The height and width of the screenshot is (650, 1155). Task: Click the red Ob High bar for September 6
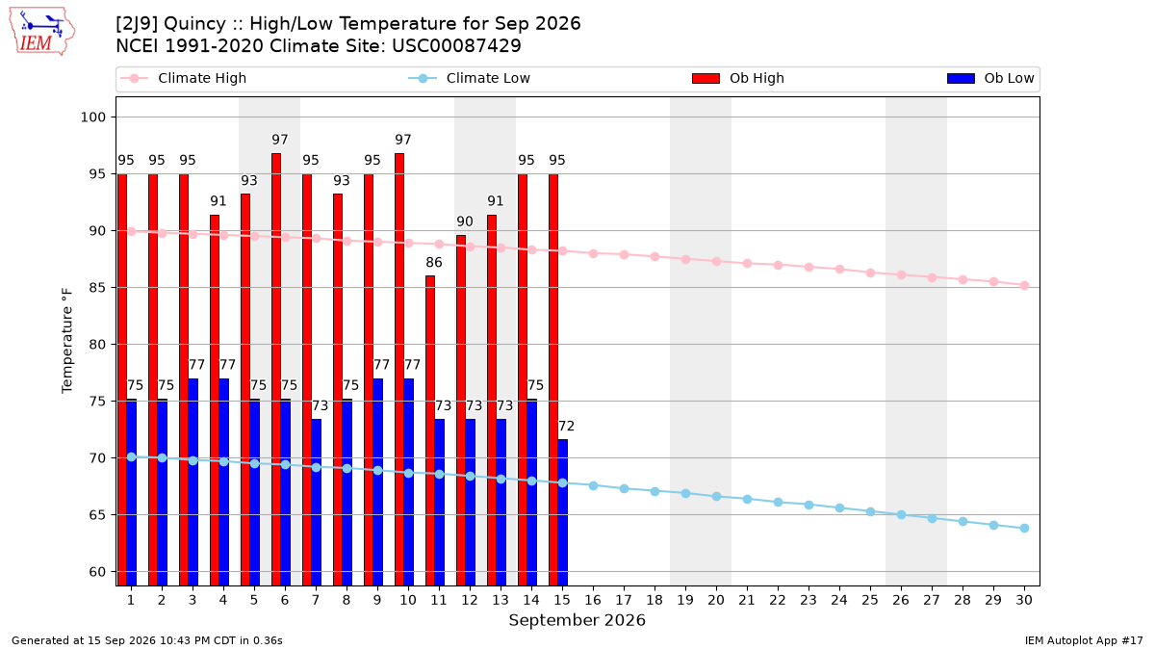click(276, 370)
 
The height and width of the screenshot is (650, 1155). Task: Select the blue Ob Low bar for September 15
click(562, 512)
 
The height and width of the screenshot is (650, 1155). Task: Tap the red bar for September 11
click(430, 430)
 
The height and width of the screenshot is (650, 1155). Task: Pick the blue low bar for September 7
click(316, 503)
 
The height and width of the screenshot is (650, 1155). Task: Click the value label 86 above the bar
click(434, 263)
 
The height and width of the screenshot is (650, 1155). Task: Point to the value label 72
click(567, 426)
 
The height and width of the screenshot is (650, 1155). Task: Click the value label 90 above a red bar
click(465, 221)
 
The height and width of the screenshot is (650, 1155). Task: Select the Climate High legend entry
click(184, 78)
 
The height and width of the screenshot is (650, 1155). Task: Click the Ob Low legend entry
click(990, 78)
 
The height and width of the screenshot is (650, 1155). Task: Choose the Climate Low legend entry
click(470, 78)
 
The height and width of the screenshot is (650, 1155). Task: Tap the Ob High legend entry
click(738, 78)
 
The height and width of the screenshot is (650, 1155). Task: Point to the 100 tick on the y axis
click(92, 117)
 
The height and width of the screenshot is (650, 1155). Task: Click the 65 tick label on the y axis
click(97, 515)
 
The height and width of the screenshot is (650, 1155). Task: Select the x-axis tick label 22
click(778, 600)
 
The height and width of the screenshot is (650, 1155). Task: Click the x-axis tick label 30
click(1024, 600)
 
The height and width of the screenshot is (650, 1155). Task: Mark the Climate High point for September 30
click(1024, 286)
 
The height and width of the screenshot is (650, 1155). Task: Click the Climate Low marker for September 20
click(716, 496)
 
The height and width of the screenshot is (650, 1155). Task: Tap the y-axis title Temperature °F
click(67, 341)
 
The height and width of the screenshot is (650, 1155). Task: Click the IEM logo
click(41, 32)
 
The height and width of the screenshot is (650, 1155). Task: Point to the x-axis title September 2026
click(577, 620)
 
